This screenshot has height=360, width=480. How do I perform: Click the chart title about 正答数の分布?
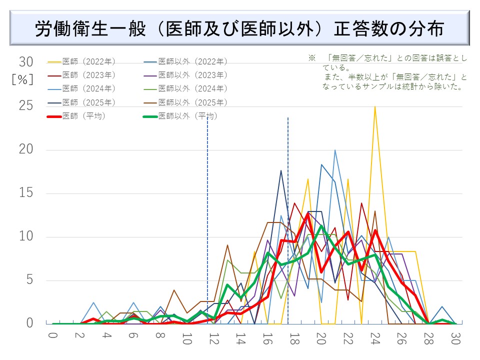coord(239,28)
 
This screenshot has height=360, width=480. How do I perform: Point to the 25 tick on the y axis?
coord(26,106)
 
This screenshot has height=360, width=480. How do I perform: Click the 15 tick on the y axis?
coord(26,193)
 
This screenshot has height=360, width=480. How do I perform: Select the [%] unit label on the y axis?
coord(22,80)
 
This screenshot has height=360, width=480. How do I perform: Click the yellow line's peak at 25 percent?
coord(375,106)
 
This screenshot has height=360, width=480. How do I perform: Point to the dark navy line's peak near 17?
coord(281,170)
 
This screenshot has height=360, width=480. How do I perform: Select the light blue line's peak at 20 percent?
coord(334,150)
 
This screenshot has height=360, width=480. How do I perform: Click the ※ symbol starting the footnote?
coord(311,58)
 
